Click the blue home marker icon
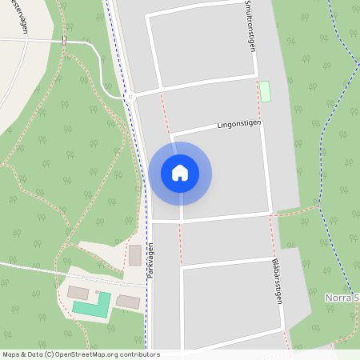coord(180,173)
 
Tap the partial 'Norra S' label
coord(342,298)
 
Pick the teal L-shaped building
coord(92,305)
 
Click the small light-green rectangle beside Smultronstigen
coord(265,91)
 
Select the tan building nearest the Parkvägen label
coord(135,255)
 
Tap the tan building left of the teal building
coord(78,292)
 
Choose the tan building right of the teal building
coord(128,302)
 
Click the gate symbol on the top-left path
coord(63,41)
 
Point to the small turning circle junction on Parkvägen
coord(127,96)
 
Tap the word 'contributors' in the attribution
coord(139,354)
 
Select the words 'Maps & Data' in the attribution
coord(22,354)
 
